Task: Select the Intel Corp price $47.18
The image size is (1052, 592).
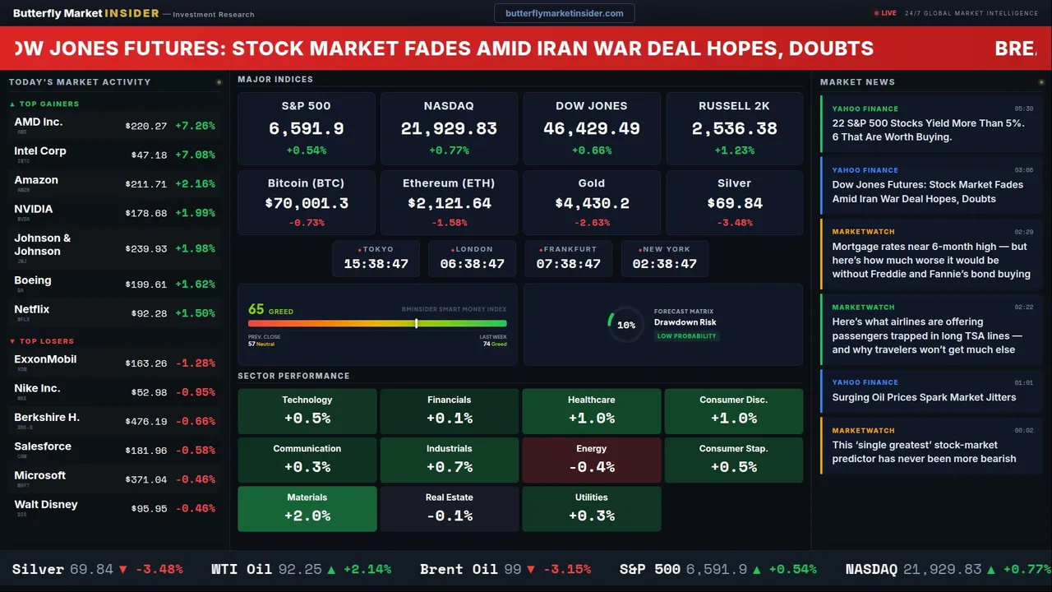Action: [x=149, y=155]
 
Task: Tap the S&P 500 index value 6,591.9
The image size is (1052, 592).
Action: [x=306, y=129]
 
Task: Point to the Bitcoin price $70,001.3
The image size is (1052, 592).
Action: [x=306, y=203]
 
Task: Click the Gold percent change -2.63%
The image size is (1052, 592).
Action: [x=591, y=223]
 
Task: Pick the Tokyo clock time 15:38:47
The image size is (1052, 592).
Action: [x=376, y=264]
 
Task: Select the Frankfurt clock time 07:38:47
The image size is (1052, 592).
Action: [x=568, y=264]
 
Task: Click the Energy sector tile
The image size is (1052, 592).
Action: [x=591, y=460]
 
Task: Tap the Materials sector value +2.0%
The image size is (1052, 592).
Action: [x=307, y=516]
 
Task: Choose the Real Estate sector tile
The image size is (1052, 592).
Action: [x=449, y=508]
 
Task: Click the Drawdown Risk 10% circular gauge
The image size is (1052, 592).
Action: [x=625, y=325]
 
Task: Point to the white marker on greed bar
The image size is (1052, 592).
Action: [x=417, y=323]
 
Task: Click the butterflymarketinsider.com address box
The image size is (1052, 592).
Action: [x=564, y=13]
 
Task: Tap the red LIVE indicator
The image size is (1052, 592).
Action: [x=886, y=13]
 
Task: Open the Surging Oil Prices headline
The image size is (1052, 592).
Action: [x=924, y=397]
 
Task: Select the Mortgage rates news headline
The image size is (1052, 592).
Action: [x=930, y=260]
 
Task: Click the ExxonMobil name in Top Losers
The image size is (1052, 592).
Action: [x=45, y=359]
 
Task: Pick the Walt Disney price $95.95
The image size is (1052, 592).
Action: [x=149, y=508]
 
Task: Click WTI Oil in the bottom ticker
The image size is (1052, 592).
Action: [x=242, y=569]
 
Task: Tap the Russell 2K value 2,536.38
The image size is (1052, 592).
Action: [x=734, y=129]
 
